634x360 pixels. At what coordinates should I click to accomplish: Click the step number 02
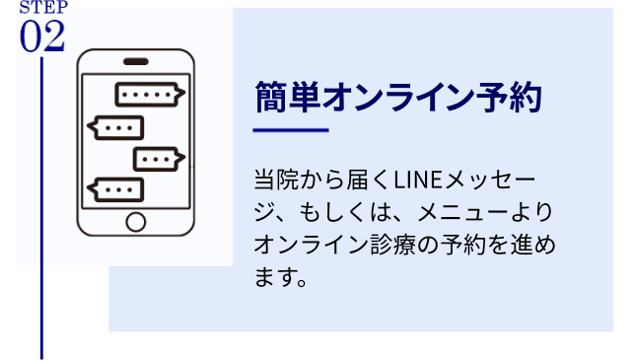[41, 36]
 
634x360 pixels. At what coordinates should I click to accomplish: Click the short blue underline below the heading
[290, 130]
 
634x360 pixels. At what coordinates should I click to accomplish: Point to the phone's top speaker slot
[136, 61]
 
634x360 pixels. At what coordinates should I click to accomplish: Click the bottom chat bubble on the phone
[116, 189]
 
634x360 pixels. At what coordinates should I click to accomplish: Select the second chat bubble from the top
[116, 128]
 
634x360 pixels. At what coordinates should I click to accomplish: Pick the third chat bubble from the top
[158, 159]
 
